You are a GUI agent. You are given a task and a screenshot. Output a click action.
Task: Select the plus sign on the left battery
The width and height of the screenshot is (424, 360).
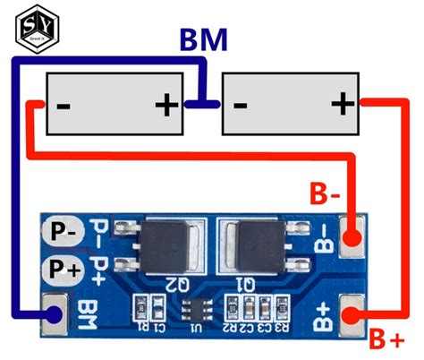[x=166, y=106]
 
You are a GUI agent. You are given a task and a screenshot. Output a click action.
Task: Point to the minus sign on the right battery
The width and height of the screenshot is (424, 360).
[x=240, y=106]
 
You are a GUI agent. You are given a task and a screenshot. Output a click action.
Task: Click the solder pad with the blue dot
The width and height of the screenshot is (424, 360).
[x=55, y=314]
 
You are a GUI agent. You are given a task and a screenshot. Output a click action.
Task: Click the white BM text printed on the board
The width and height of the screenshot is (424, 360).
[x=88, y=313]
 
